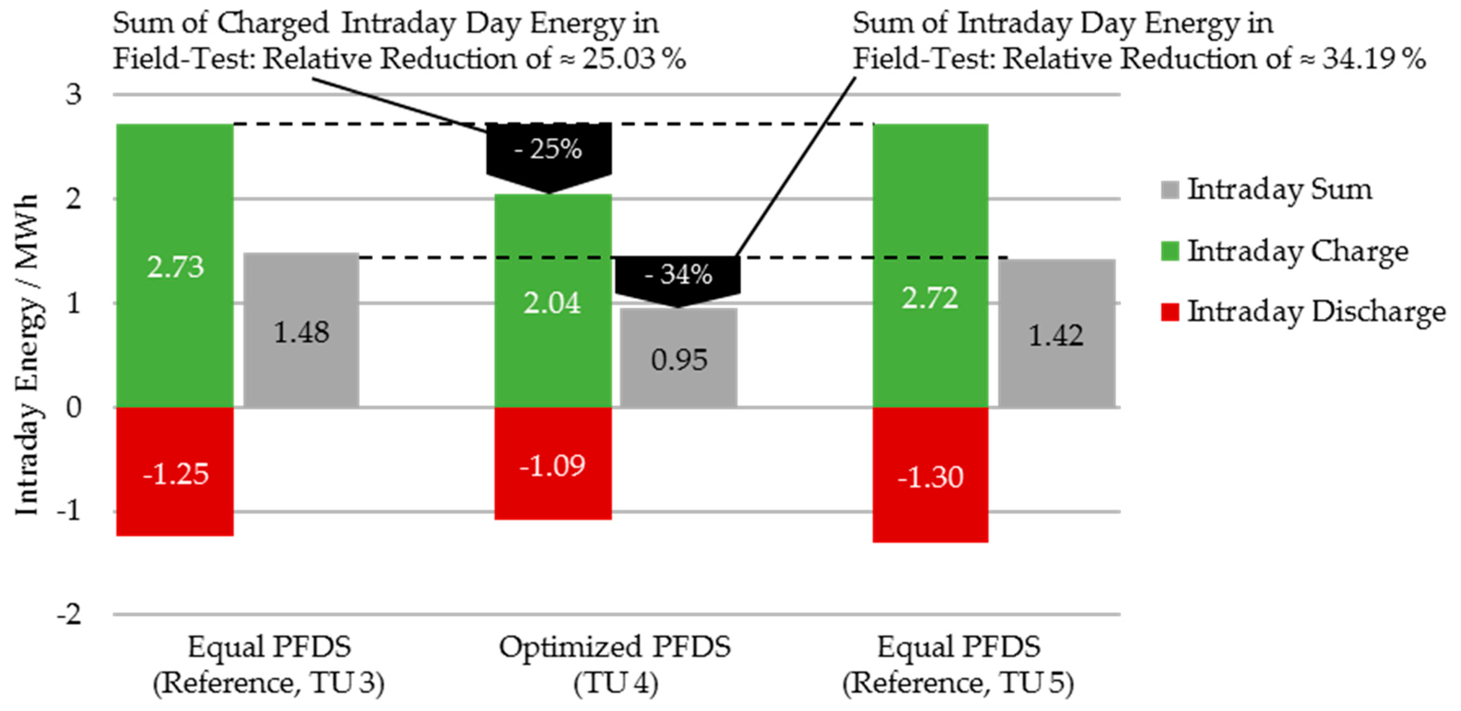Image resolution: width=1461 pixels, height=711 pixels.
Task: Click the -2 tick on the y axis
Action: point(69,614)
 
